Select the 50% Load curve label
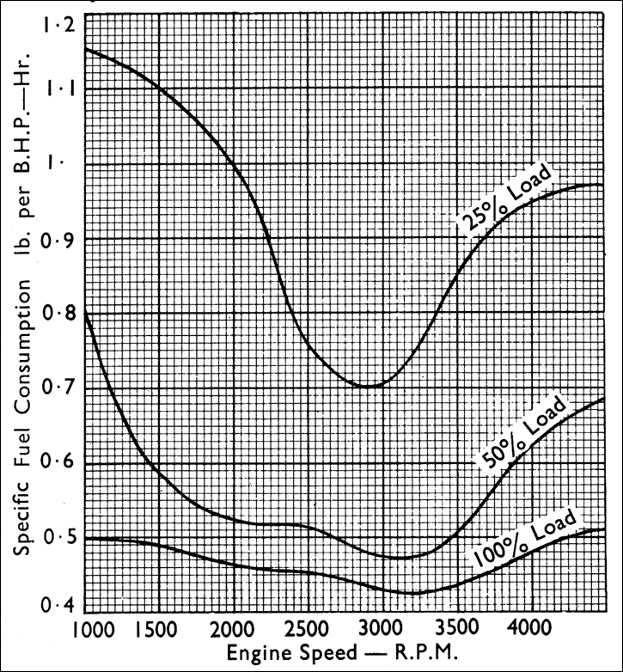click(x=523, y=433)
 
